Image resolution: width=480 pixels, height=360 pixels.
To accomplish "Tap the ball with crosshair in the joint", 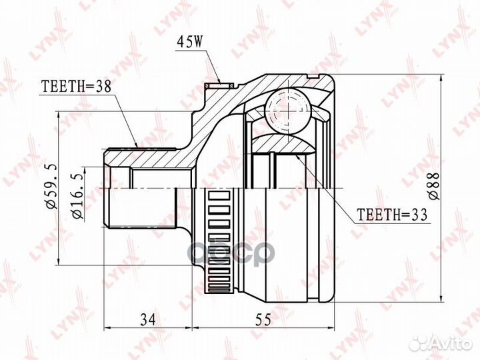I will (287, 109).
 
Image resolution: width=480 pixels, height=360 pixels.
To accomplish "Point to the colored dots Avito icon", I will (419, 343).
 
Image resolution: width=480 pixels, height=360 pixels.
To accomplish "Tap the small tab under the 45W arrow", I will (221, 85).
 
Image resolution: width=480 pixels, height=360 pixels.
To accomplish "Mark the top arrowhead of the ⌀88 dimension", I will (443, 79).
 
